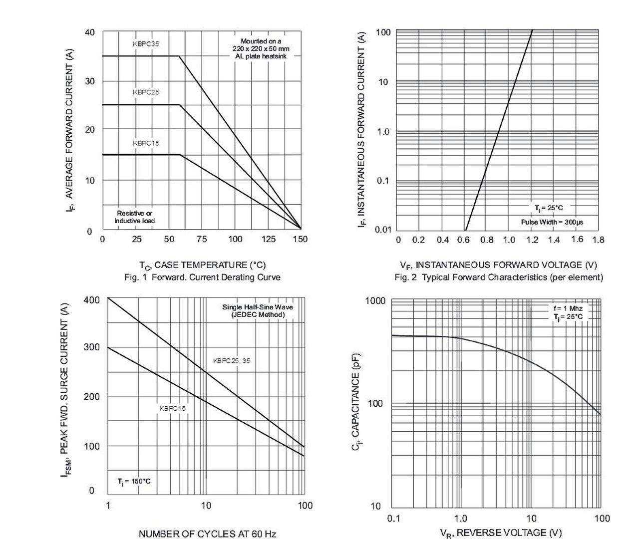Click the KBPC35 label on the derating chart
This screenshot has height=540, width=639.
(146, 44)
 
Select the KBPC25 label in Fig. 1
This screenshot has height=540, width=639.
(146, 92)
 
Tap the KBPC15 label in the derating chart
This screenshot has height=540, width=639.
(146, 143)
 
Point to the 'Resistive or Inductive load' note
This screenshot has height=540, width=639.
(135, 217)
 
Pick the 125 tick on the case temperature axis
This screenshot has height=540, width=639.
(268, 240)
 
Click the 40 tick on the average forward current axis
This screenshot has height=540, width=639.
(90, 33)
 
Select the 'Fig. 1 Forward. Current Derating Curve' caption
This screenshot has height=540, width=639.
(202, 277)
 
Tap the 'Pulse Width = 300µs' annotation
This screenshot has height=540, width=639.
(552, 222)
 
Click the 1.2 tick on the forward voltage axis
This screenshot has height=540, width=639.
(532, 240)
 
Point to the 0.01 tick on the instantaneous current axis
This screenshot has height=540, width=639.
(383, 230)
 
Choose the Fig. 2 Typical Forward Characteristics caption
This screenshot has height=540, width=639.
(499, 277)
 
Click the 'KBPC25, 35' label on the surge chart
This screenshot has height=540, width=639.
(232, 361)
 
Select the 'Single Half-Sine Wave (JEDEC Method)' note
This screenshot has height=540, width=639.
(258, 311)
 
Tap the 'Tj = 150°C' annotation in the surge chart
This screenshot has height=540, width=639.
(134, 482)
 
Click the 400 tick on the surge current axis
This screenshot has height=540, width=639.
(92, 300)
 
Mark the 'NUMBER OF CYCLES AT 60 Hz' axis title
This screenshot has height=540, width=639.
(207, 534)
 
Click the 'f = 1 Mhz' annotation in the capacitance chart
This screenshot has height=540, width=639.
(568, 308)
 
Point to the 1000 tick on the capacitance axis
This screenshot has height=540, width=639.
(375, 301)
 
